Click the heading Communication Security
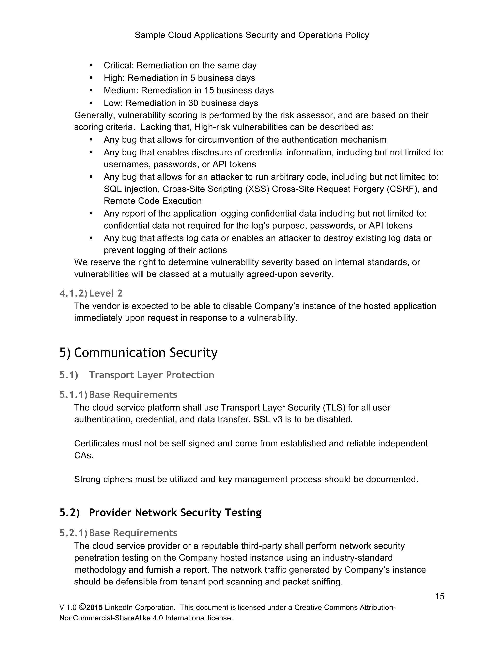tap(145, 353)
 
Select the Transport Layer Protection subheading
tap(151, 375)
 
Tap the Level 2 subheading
tap(106, 293)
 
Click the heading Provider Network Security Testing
tap(175, 513)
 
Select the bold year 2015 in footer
tap(95, 608)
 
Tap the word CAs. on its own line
tap(84, 455)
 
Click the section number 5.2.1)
tap(73, 533)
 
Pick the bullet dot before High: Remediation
tap(91, 78)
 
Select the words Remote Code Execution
tap(153, 201)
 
